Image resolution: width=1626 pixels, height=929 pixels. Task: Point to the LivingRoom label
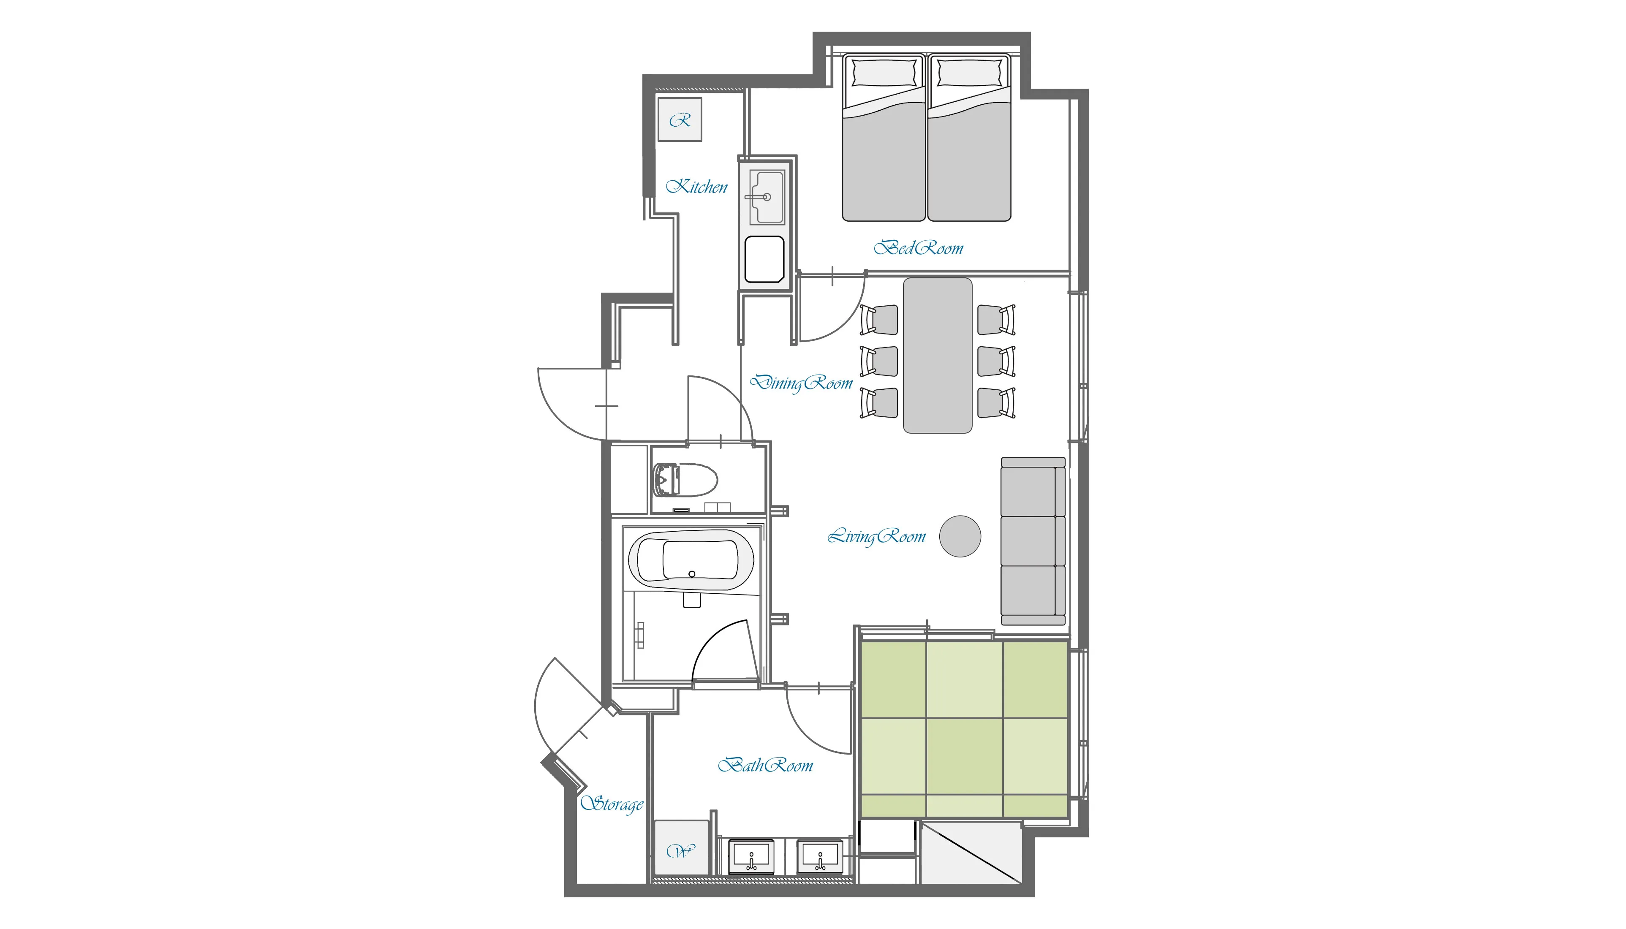pyautogui.click(x=876, y=537)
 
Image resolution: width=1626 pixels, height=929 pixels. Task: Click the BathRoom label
pyautogui.click(x=765, y=765)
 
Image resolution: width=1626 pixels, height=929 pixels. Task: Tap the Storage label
pyautogui.click(x=612, y=804)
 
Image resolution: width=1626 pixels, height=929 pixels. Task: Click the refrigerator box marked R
pyautogui.click(x=680, y=120)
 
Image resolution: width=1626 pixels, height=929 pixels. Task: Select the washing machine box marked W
pyautogui.click(x=682, y=848)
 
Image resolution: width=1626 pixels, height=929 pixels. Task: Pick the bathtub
pyautogui.click(x=691, y=560)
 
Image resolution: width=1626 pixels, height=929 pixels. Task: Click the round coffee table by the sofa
pyautogui.click(x=960, y=536)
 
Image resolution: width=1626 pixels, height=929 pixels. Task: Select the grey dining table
pyautogui.click(x=938, y=356)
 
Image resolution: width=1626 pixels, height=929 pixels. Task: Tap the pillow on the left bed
pyautogui.click(x=884, y=73)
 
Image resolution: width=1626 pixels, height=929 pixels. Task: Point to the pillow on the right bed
pyautogui.click(x=969, y=73)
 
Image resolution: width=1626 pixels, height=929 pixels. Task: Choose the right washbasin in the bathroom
pyautogui.click(x=820, y=857)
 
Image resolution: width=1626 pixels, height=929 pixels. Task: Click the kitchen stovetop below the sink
pyautogui.click(x=764, y=259)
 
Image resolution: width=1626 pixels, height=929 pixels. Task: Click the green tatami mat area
pyautogui.click(x=964, y=729)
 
